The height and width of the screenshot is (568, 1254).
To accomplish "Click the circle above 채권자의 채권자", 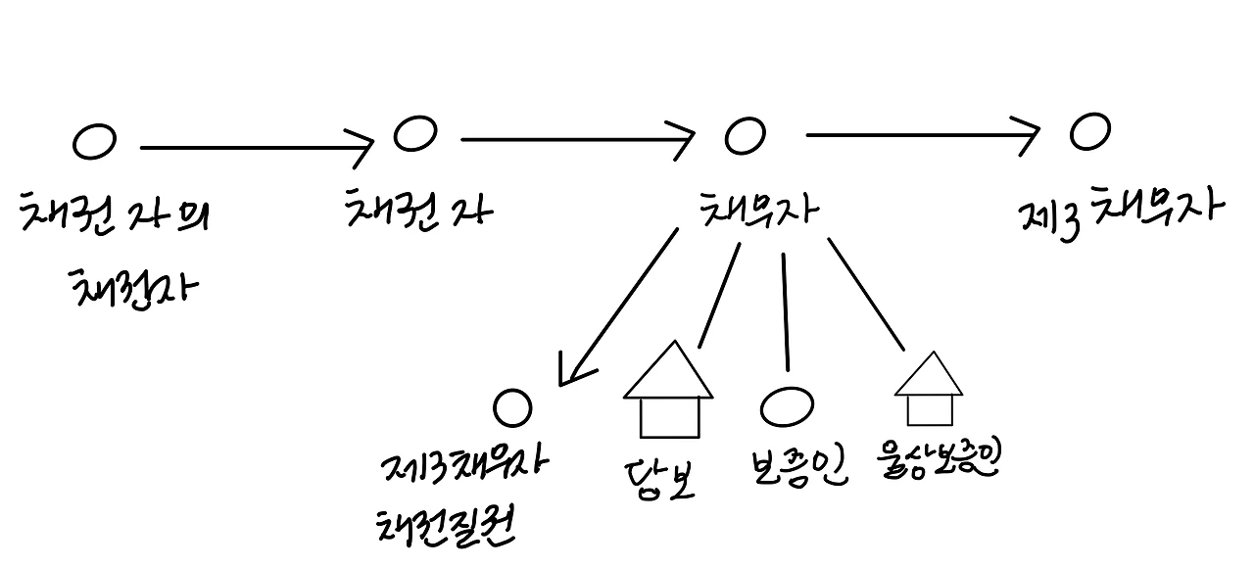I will tap(94, 142).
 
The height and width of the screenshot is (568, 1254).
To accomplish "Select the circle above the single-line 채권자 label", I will tap(414, 133).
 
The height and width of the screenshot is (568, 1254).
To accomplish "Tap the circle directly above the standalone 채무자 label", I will tap(745, 135).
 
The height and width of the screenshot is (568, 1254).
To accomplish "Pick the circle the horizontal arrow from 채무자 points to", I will tap(1088, 131).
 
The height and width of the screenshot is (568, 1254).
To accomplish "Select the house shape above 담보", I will tap(669, 392).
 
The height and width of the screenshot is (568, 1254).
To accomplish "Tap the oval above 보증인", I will tap(786, 406).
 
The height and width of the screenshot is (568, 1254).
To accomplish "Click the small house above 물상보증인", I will tap(929, 392).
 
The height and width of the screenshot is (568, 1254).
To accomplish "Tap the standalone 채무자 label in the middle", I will tap(759, 208).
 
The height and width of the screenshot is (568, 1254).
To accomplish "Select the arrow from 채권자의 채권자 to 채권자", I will tap(255, 148).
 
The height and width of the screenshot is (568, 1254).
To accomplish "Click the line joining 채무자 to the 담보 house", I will tap(718, 294).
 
